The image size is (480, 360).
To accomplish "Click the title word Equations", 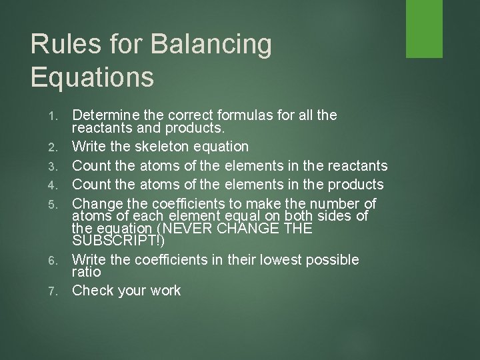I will coord(93,77).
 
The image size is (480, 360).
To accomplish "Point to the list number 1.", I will coord(56,116).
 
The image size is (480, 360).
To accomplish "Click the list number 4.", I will coord(56,185).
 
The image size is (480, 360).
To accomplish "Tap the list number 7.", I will coord(56,291).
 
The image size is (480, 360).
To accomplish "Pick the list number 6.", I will coord(56,259).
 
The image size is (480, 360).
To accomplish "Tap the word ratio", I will coord(87,272).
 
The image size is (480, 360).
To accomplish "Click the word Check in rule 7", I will coord(92,290).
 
